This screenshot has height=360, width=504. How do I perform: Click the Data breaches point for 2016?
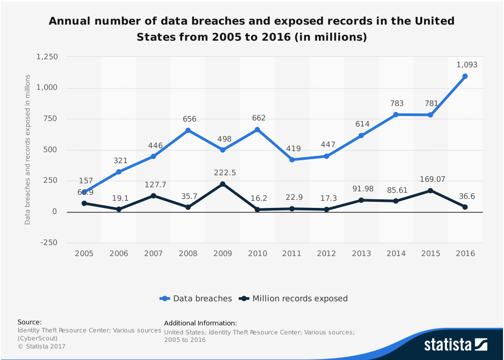coord(465,76)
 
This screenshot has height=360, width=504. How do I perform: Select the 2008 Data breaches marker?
coord(188,131)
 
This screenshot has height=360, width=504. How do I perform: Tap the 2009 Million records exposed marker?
coord(222,184)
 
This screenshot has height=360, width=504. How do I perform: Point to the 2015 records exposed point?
coord(430,191)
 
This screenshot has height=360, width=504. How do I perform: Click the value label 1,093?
coord(467,65)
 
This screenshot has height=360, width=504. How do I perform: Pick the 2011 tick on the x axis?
coord(292,254)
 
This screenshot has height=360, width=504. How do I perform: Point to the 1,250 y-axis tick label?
coord(47,57)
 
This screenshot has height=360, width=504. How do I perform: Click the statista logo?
coord(455,344)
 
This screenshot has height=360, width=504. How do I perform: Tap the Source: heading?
coord(30,322)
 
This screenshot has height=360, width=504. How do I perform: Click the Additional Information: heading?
coord(200,323)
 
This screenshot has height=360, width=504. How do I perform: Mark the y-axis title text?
coord(28,150)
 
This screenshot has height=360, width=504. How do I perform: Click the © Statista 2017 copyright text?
coord(41,346)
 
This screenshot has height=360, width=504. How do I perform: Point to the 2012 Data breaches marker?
coord(326,156)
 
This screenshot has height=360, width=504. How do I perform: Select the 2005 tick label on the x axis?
coord(84,254)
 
